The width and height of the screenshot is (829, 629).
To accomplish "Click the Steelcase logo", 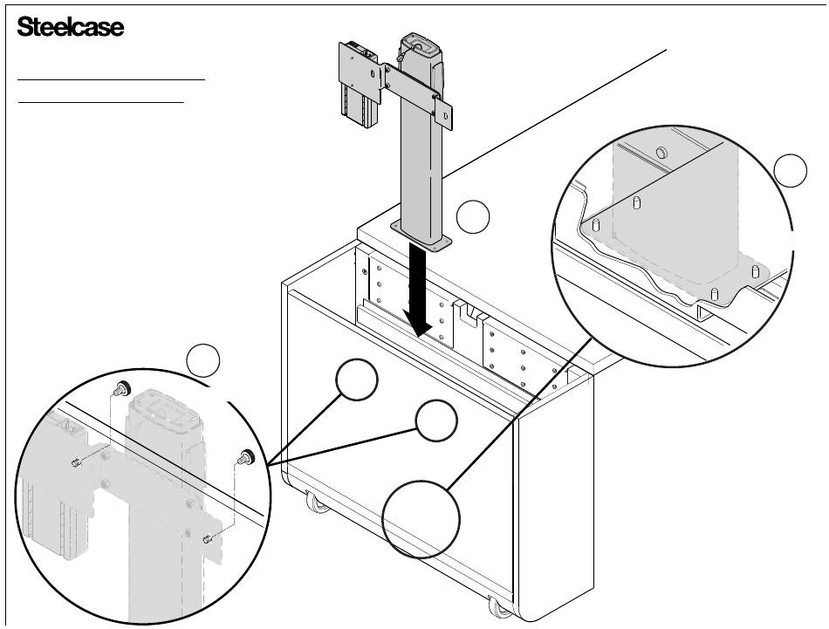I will coord(71,27).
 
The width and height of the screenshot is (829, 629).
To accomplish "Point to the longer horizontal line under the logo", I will coord(111,79).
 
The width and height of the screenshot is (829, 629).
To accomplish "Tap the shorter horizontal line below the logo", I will coord(101,100).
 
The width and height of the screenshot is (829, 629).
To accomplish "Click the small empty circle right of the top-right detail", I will coord(791,170).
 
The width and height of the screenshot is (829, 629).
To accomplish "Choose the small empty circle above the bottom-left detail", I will coord(202,360).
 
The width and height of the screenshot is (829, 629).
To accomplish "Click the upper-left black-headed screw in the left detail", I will coord(123,387).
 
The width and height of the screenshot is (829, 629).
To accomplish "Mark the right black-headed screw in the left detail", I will coord(245,455).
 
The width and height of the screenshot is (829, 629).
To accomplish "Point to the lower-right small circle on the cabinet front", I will coord(436,422).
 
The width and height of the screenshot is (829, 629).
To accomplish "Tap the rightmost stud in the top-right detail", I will coord(754,271).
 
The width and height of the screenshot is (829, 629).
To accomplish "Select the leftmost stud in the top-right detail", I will coord(595,225).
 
